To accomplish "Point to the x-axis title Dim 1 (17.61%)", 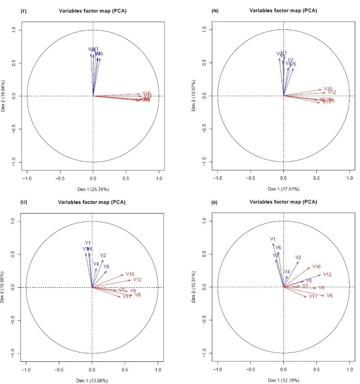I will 284,188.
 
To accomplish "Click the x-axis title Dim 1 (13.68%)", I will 92,379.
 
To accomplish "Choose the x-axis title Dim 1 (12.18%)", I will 284,379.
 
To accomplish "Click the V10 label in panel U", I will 130,274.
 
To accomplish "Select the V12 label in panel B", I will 327,275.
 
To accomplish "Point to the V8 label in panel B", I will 330,296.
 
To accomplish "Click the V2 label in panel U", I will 103,255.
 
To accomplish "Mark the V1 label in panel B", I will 273,239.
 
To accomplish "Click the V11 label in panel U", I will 127,297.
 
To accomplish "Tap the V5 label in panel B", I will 309,281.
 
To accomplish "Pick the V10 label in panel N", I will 328,89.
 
